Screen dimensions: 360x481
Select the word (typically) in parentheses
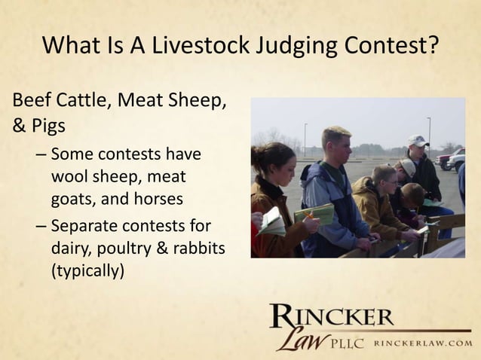tap(85, 269)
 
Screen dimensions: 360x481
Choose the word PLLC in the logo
tap(345, 343)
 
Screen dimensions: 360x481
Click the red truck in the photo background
tap(444, 160)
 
